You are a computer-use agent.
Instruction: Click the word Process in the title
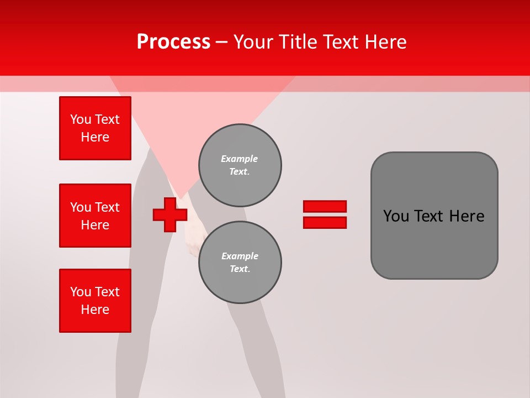coord(173,42)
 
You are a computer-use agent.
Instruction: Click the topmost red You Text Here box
coord(95,128)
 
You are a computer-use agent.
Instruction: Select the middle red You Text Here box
coord(95,216)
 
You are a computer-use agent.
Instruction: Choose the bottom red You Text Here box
coord(95,301)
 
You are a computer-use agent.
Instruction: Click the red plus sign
coord(169,214)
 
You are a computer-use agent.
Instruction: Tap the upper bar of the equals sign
coord(325,206)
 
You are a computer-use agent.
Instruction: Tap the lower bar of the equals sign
coord(325,223)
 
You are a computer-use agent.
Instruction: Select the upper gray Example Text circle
coord(240,165)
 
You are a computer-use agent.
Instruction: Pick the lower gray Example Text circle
coord(240,263)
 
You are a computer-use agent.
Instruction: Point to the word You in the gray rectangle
coord(396,216)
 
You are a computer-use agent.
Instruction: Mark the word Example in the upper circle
coord(239,159)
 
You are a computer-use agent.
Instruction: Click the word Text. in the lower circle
coord(240,269)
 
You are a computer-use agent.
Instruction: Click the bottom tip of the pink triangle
coord(181,197)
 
